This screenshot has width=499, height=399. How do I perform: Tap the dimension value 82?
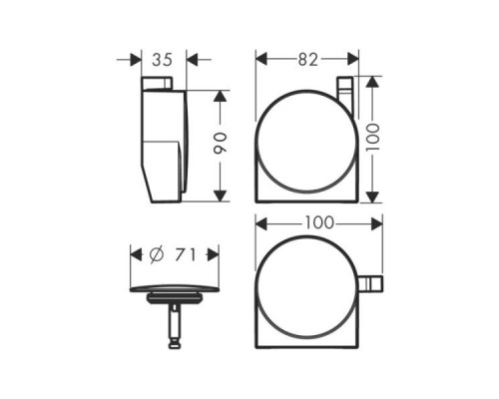pos(307,60)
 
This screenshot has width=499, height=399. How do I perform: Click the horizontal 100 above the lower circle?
pos(318,223)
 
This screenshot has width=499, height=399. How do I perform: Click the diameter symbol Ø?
pos(156,255)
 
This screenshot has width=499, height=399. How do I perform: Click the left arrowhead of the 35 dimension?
pos(138,60)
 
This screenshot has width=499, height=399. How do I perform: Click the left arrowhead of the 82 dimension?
pos(260,60)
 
